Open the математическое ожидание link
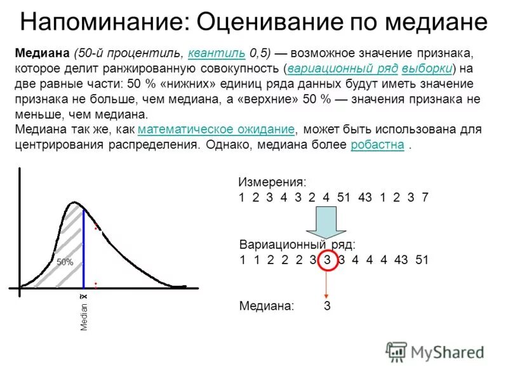pos(216,130)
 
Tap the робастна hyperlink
pos(377,145)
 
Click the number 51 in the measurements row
pos(344,197)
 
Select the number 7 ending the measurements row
pos(425,197)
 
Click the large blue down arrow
pos(326,223)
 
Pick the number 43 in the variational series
pos(401,260)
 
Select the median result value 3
pos(327,306)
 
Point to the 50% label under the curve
pos(65,262)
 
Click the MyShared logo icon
pos(396,352)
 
